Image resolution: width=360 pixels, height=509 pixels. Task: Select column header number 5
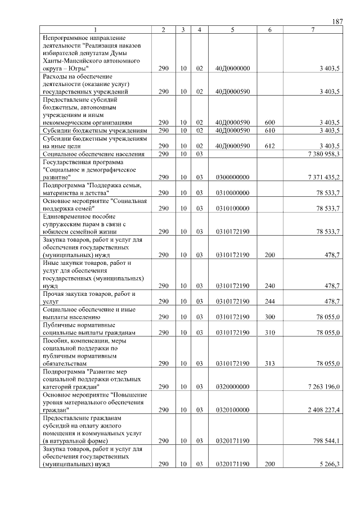pyautogui.click(x=232, y=29)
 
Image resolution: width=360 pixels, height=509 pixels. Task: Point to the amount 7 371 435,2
pyautogui.click(x=323, y=177)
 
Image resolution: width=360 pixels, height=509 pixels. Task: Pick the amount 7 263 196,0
pyautogui.click(x=323, y=387)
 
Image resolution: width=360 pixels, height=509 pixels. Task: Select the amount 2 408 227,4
pyautogui.click(x=323, y=410)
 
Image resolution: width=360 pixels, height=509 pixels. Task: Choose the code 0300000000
pyautogui.click(x=232, y=177)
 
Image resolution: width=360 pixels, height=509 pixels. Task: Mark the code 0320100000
pyautogui.click(x=232, y=410)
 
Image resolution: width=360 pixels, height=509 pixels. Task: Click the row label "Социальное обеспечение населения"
pyautogui.click(x=93, y=154)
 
